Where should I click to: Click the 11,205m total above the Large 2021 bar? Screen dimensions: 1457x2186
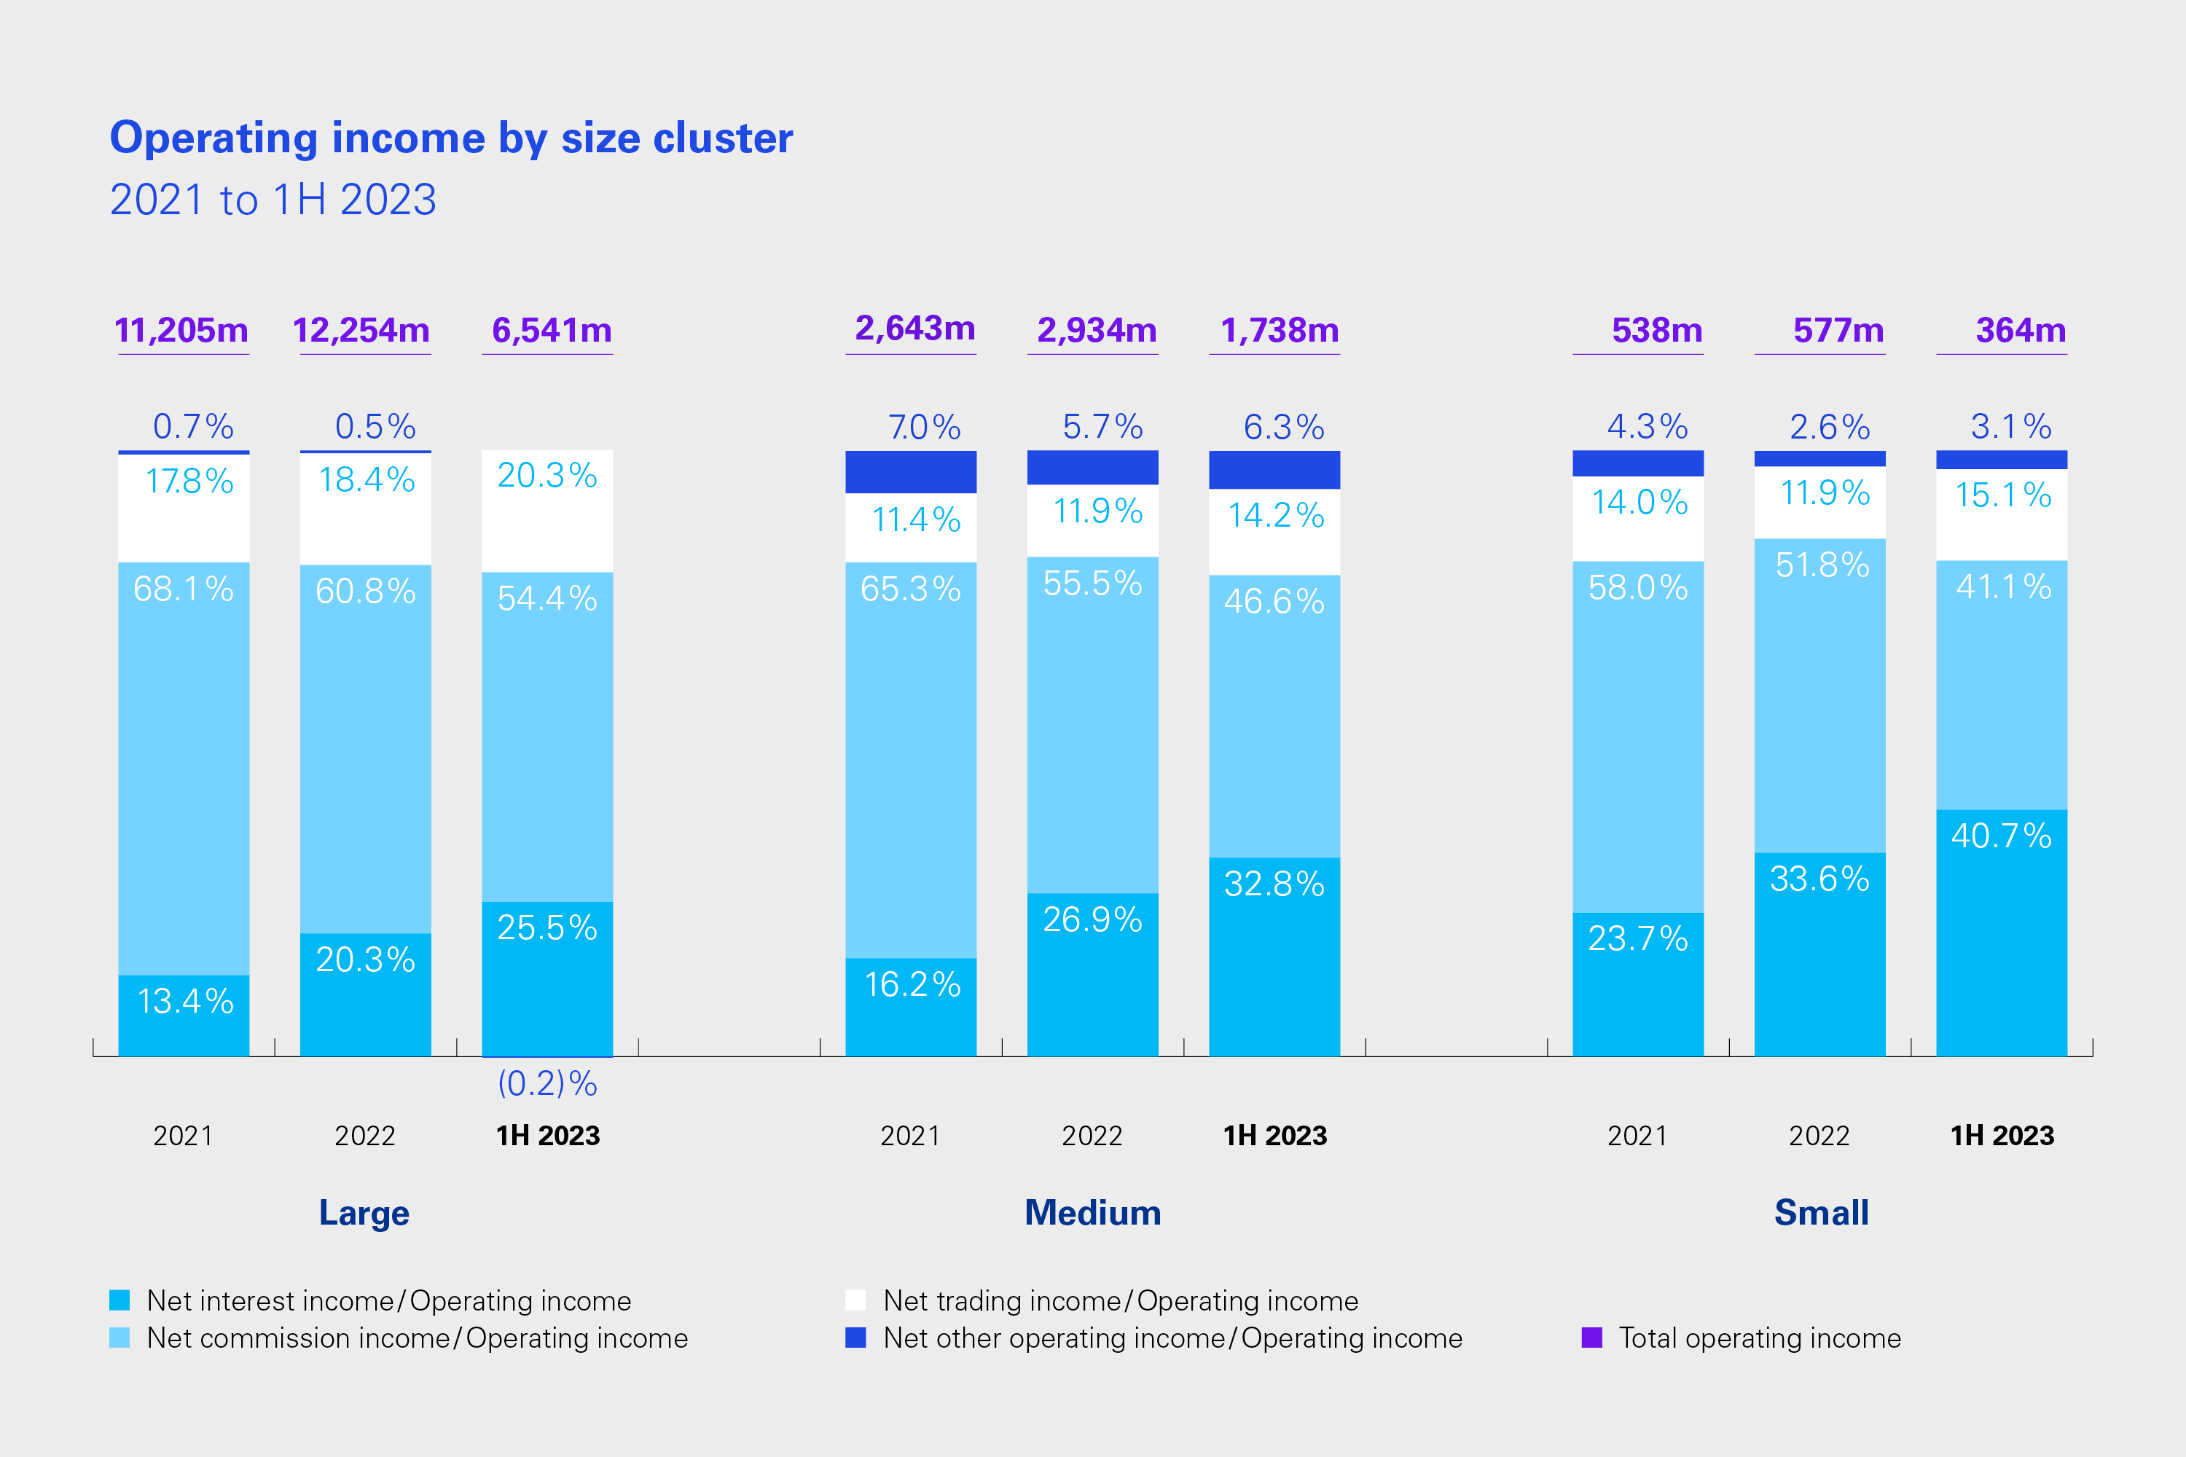(181, 331)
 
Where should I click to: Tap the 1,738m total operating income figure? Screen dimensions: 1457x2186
(1279, 331)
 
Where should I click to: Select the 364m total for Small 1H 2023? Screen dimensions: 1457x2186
(2021, 331)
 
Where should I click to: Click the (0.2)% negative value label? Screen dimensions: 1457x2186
(547, 1083)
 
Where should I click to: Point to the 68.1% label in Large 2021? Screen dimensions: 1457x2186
(183, 589)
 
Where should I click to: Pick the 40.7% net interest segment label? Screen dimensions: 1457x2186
(2001, 836)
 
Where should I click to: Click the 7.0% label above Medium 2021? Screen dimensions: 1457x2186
(924, 428)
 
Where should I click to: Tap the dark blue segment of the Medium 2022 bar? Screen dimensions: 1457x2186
(1092, 468)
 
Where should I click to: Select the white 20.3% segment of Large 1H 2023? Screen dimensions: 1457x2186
(547, 511)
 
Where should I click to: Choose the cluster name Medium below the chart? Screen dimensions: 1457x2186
(1093, 1213)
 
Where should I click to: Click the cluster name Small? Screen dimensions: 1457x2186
(1821, 1213)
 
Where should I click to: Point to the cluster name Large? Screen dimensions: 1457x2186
(364, 1213)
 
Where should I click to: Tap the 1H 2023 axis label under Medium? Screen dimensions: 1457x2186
(1275, 1136)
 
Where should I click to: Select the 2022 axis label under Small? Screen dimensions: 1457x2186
(1819, 1136)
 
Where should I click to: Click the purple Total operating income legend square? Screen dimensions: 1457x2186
(1591, 1338)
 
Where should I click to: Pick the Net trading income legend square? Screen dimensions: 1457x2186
(855, 1300)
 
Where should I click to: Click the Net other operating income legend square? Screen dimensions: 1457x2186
(855, 1338)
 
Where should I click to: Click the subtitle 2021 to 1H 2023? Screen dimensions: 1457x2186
(273, 200)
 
